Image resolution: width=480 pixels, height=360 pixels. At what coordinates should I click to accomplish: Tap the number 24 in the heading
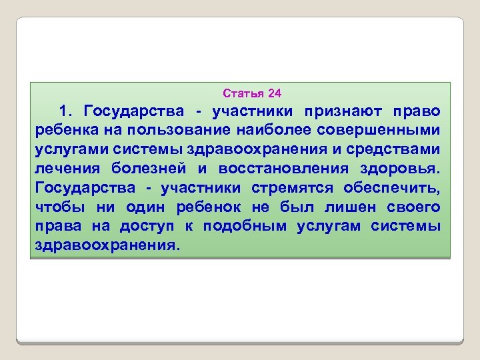275,92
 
